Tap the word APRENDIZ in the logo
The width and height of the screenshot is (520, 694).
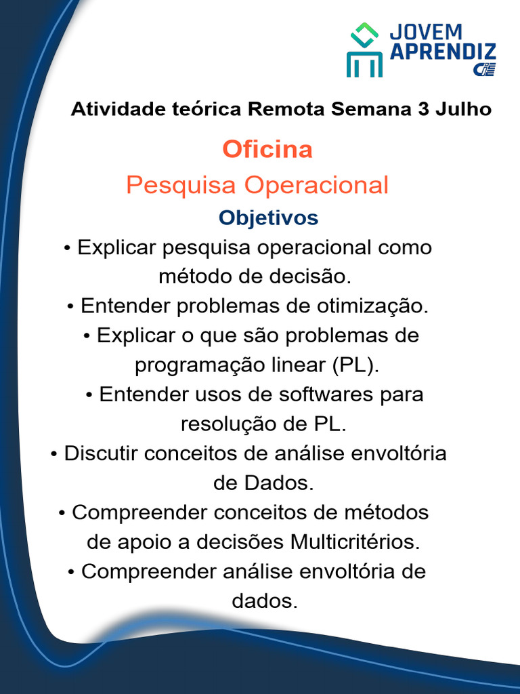[443, 52]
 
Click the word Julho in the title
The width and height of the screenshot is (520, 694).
[464, 108]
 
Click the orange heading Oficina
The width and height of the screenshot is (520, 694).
[267, 149]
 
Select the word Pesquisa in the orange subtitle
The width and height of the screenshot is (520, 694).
[182, 185]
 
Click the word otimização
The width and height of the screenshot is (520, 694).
[372, 306]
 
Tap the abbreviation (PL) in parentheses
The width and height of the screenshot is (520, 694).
[355, 365]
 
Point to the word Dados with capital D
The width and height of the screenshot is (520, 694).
[279, 483]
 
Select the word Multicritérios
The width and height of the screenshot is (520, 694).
[355, 542]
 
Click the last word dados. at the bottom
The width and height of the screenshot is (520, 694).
[265, 601]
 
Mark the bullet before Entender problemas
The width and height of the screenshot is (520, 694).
[72, 307]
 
